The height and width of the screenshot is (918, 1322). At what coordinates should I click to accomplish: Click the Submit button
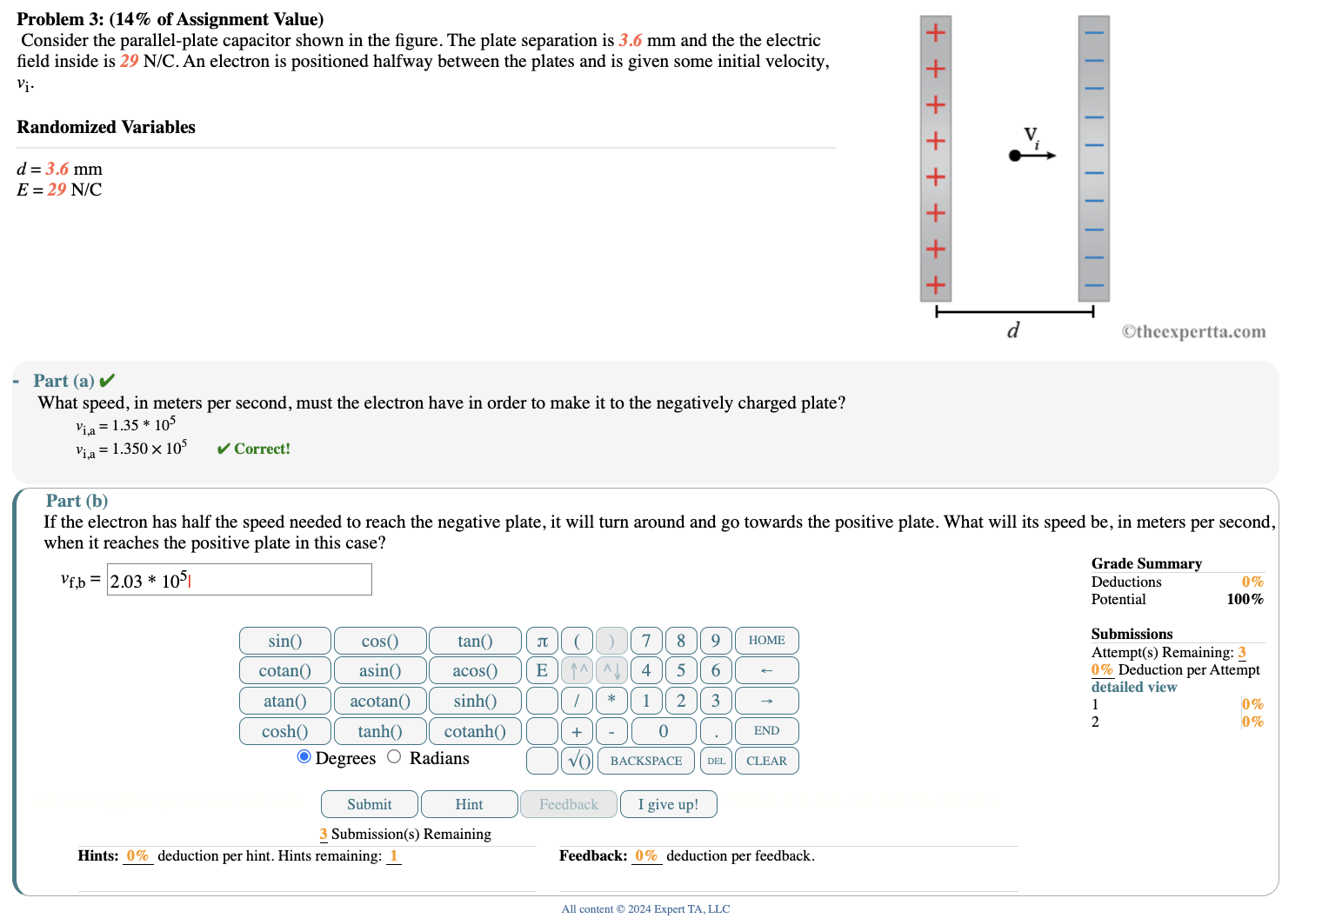coord(369,804)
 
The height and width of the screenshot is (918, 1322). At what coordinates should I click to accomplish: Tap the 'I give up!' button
coord(668,804)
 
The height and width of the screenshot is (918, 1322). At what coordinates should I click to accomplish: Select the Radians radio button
coord(394,756)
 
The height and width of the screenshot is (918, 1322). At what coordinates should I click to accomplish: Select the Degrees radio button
coord(304,756)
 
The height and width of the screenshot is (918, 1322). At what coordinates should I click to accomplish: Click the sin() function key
coord(284,641)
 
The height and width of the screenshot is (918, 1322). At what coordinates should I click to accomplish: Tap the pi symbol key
coord(542,641)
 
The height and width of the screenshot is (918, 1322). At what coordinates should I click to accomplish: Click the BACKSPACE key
coord(645,761)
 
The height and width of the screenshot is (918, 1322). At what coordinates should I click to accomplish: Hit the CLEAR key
coord(766,761)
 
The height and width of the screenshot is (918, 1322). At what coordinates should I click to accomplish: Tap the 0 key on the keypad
coord(663,731)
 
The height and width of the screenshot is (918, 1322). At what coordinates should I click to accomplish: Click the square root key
coord(578,761)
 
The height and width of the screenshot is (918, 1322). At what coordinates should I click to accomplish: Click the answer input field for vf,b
coord(239,580)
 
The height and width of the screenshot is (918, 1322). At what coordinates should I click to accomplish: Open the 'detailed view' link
coord(1133,687)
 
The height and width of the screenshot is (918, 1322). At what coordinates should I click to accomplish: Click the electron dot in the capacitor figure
coord(1014,156)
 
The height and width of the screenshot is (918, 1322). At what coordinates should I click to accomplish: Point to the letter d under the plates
coord(1013,330)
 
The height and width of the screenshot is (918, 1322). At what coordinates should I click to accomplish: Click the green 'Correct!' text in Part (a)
coord(261,449)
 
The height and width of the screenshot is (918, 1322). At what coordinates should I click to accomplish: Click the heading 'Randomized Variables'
coord(106,127)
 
